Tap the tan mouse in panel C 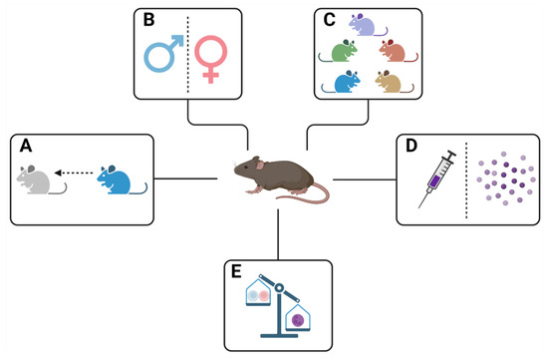point(391,85)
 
